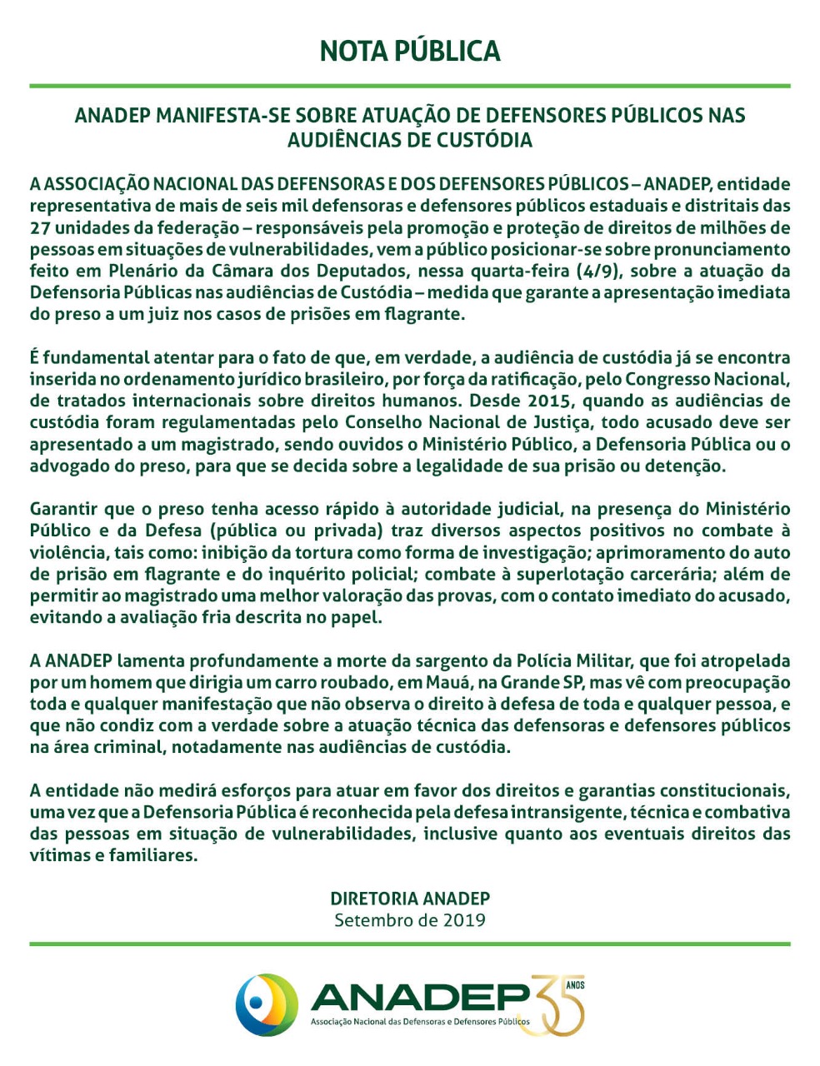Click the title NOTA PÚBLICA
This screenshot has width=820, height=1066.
point(410,51)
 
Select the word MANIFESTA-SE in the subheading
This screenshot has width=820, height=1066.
point(218,115)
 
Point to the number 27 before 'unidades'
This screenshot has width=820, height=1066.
point(41,227)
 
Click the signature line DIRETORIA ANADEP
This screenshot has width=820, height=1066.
point(410,899)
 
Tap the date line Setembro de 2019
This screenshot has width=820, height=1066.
point(410,920)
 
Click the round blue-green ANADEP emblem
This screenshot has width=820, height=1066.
point(267,1004)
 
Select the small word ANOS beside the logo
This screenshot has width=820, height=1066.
point(575,985)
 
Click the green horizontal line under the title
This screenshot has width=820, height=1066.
point(410,86)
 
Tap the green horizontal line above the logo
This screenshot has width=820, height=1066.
point(410,944)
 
